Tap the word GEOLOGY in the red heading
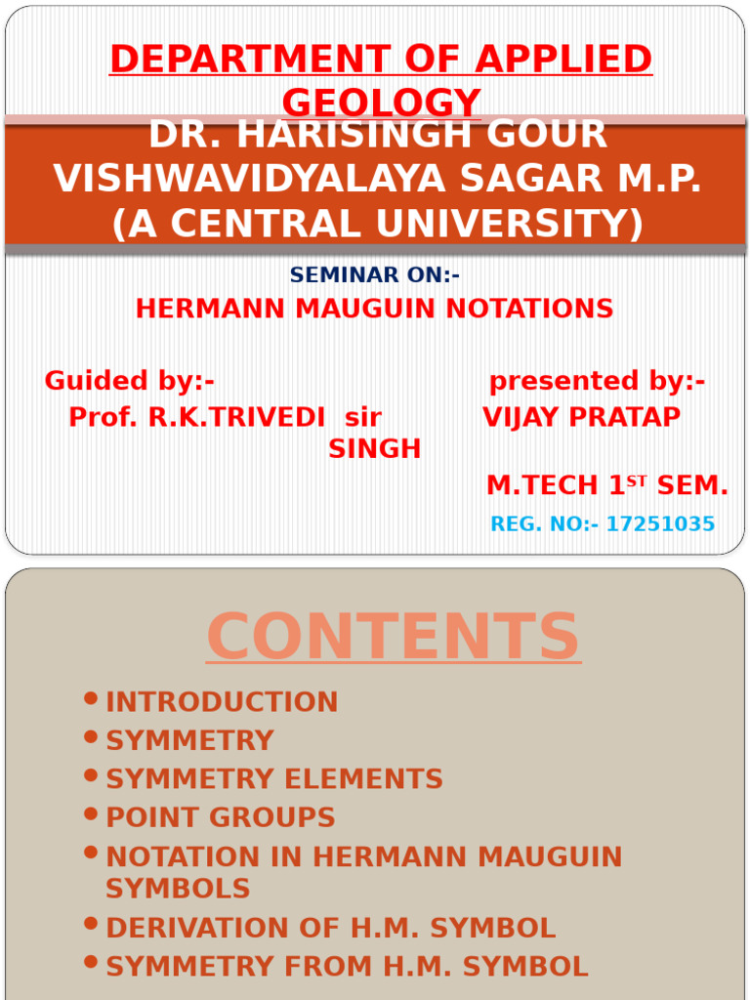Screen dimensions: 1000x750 coord(381,102)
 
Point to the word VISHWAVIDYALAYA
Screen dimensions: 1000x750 coord(233,179)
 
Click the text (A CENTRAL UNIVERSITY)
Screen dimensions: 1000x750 coord(377,224)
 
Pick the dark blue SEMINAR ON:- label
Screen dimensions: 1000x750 coord(374,275)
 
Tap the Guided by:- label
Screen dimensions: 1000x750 coord(129,381)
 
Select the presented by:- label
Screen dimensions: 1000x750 coord(597,381)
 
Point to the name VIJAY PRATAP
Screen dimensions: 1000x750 coord(581,418)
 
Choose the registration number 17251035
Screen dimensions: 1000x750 coord(660,524)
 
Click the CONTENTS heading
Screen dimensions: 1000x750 coord(393,637)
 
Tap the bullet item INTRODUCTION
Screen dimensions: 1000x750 coord(222,702)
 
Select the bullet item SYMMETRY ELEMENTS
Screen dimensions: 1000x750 coord(273,779)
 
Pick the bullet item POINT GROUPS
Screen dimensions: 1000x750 coord(220,818)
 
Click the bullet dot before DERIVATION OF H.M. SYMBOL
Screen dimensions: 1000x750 coord(92,923)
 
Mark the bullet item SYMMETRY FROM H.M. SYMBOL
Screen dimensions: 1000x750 coord(347,967)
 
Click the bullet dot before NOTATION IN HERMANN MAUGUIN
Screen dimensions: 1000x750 coord(92,853)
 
